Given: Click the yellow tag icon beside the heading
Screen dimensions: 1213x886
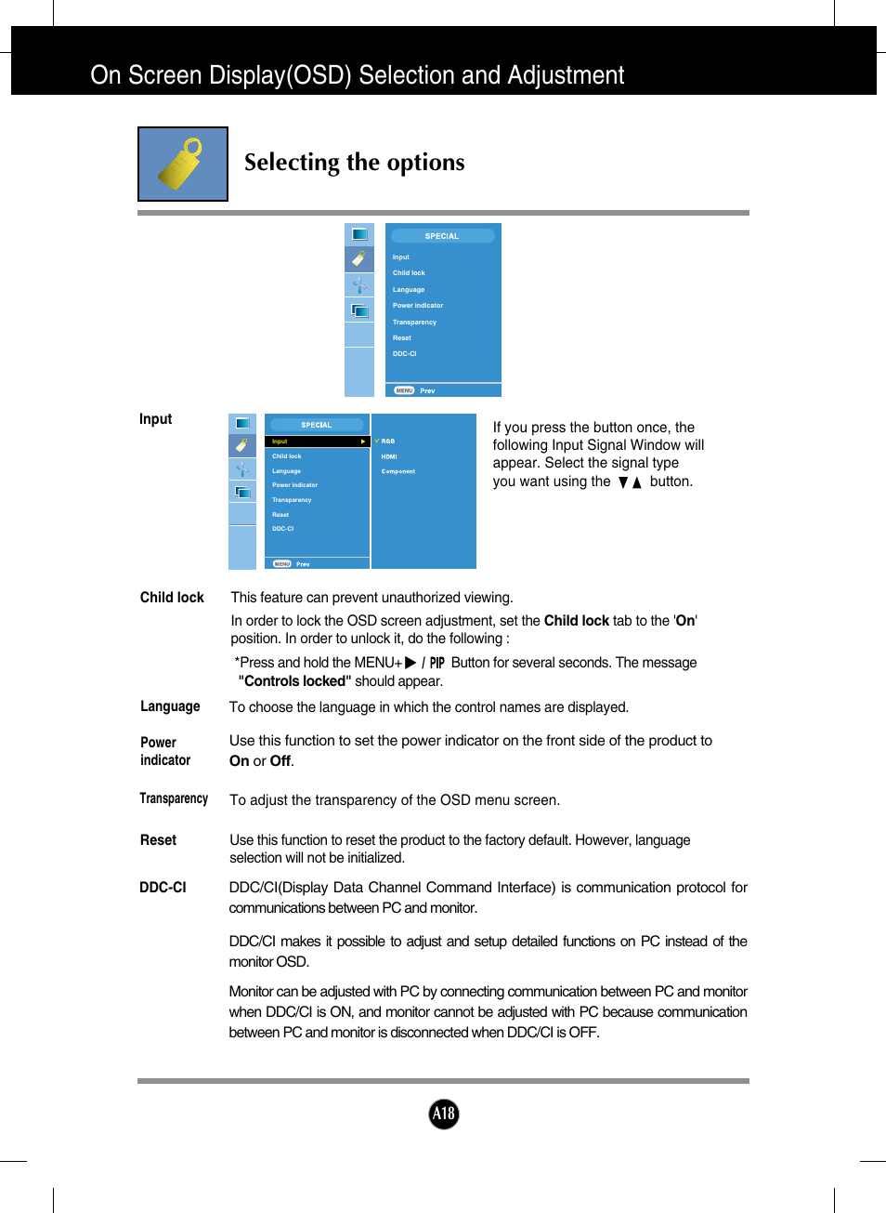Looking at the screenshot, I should [182, 164].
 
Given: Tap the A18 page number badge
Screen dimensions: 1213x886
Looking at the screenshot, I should [444, 1114].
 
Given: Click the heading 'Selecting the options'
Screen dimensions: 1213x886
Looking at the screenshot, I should [354, 163].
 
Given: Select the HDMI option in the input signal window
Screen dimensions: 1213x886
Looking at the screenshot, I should [389, 456].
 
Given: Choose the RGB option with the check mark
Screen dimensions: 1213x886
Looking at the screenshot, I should [386, 442].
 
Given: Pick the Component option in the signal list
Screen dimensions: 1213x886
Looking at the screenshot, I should [397, 471].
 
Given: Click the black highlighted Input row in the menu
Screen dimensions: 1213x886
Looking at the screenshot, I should [317, 442].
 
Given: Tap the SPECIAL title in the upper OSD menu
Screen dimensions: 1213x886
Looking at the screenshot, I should [442, 236].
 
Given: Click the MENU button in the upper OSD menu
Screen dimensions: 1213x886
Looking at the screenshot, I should [404, 390].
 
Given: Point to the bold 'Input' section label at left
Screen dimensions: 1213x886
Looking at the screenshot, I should [155, 419].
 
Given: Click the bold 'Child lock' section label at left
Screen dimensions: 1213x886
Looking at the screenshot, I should [172, 598].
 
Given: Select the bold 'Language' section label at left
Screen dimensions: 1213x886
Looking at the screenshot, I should [170, 706].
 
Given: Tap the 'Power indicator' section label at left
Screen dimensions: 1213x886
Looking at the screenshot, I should [165, 751].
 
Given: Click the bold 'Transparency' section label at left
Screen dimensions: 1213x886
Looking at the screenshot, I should [174, 798].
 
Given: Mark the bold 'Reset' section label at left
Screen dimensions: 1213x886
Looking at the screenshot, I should [158, 840].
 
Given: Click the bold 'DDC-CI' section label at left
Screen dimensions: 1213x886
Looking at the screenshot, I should [163, 888].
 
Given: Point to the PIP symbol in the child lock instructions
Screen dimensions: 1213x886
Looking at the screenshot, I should [436, 663].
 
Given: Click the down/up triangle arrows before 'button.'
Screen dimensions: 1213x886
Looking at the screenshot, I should [630, 482].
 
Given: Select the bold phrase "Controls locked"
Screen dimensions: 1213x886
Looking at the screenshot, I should [294, 681].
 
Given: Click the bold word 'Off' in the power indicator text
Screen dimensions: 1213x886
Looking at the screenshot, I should [280, 761].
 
